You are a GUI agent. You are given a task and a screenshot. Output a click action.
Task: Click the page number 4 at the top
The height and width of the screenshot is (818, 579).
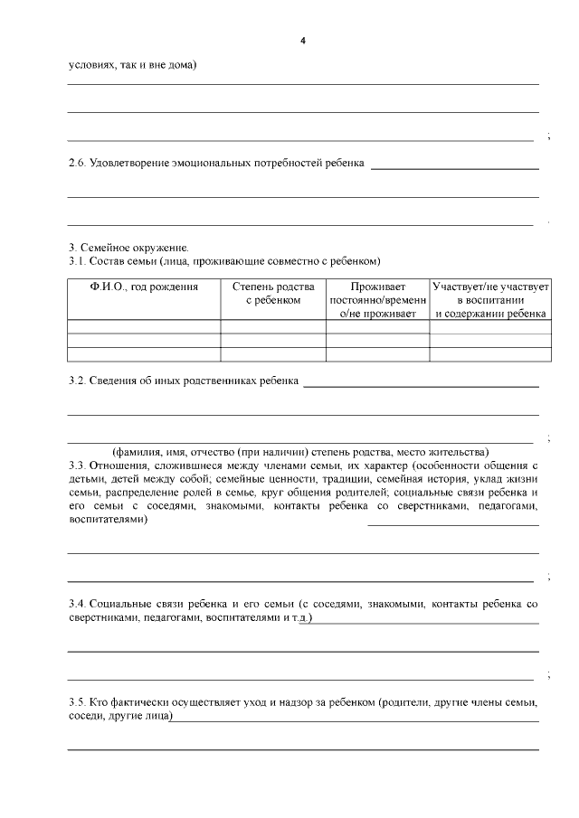[x=303, y=41]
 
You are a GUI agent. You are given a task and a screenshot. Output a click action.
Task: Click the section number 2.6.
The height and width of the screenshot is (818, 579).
[x=79, y=164]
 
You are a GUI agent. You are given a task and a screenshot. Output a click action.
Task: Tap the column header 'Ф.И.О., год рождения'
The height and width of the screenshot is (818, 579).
[x=144, y=287]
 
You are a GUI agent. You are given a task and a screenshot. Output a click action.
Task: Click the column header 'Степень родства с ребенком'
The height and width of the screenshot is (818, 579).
[x=273, y=293]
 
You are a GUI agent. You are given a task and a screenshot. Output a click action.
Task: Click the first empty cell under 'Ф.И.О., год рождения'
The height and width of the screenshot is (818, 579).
[x=144, y=326]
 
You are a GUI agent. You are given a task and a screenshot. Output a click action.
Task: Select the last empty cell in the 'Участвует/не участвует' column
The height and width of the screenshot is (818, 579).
[x=490, y=354]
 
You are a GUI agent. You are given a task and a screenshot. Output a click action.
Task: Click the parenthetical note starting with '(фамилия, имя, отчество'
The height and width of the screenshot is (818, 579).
[x=299, y=452]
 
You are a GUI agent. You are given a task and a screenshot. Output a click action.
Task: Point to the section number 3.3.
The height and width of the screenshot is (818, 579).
[x=79, y=465]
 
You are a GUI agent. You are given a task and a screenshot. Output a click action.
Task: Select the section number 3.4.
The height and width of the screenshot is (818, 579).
[x=79, y=602]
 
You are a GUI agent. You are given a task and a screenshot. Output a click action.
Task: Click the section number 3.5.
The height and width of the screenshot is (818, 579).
[x=79, y=702]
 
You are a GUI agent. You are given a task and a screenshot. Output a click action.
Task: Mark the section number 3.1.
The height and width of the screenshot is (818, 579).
[x=79, y=261]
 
